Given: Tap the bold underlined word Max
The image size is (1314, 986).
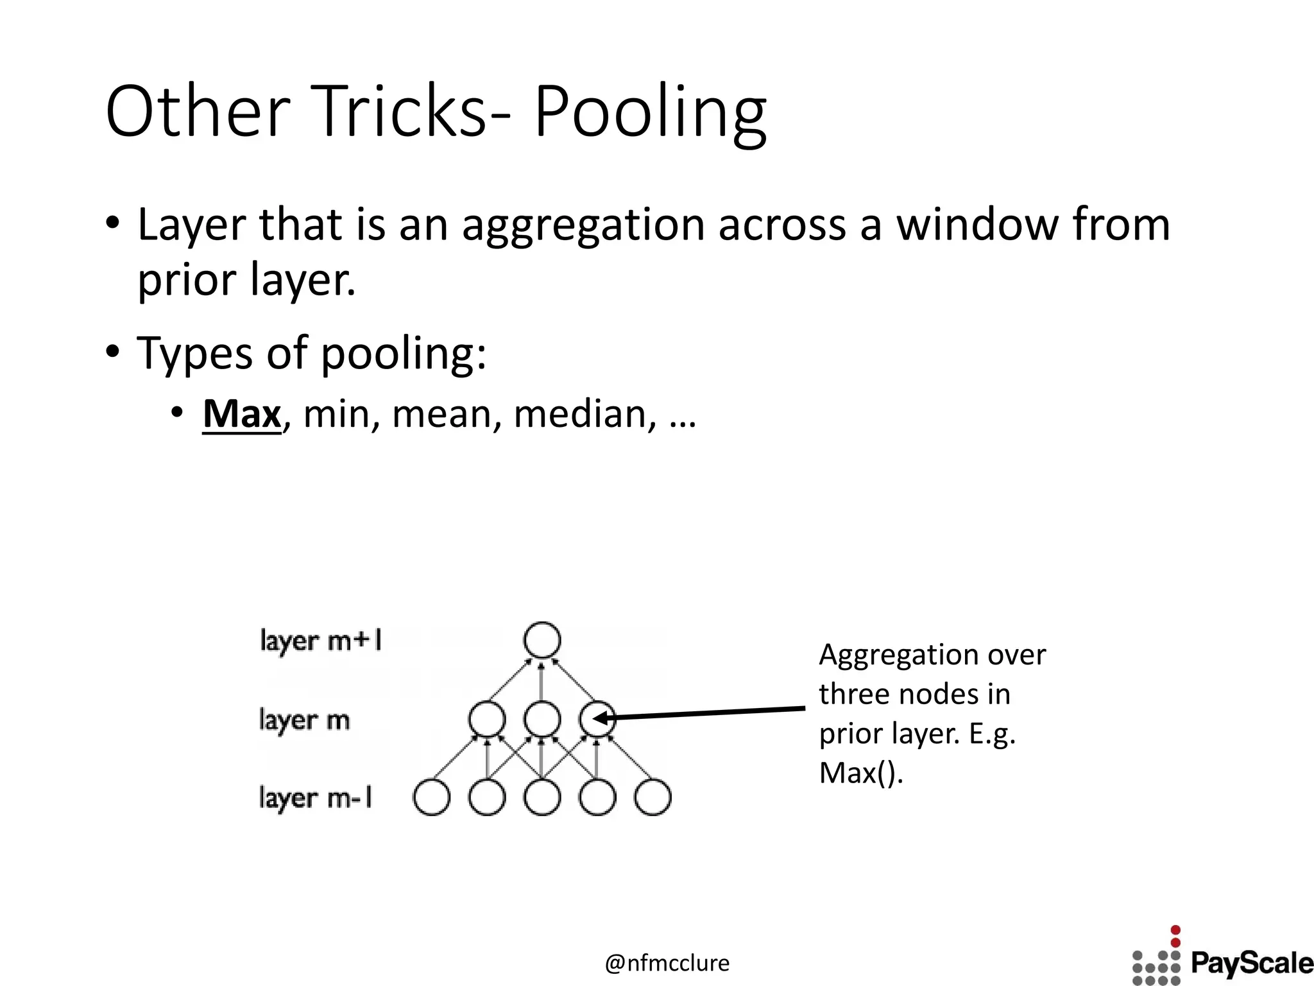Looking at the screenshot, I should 242,414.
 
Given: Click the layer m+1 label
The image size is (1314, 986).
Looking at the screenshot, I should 321,641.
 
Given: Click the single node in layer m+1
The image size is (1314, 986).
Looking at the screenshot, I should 542,640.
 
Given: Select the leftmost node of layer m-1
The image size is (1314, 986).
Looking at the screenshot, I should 432,798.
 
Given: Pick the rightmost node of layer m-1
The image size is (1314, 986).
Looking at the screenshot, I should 653,798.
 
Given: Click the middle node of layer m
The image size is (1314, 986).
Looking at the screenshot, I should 542,719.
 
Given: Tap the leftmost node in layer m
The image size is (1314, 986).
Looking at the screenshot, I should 487,719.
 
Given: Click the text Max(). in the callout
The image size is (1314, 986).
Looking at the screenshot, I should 861,773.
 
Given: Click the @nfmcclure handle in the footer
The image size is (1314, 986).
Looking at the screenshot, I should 667,963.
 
